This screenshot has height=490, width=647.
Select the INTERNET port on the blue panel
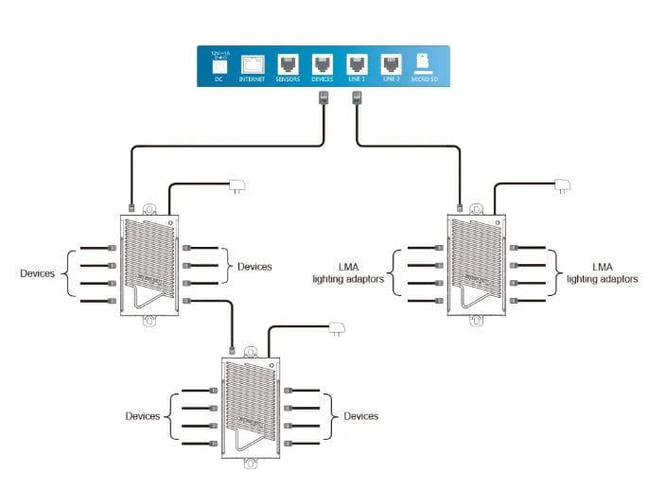coord(253,64)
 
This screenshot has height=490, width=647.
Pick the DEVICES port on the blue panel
coord(323,64)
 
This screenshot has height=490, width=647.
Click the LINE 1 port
coord(357,64)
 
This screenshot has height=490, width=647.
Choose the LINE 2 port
coord(391,64)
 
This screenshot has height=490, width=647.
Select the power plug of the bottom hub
coord(336,330)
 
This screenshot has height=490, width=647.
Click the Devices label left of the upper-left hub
coord(38,273)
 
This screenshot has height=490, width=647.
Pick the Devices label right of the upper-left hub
coord(254,267)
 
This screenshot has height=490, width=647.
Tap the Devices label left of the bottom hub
coord(143,416)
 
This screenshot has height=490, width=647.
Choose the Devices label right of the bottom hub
coord(360,416)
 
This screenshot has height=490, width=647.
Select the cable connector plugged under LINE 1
coord(357,98)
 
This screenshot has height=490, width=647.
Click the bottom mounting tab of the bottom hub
coord(251,464)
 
